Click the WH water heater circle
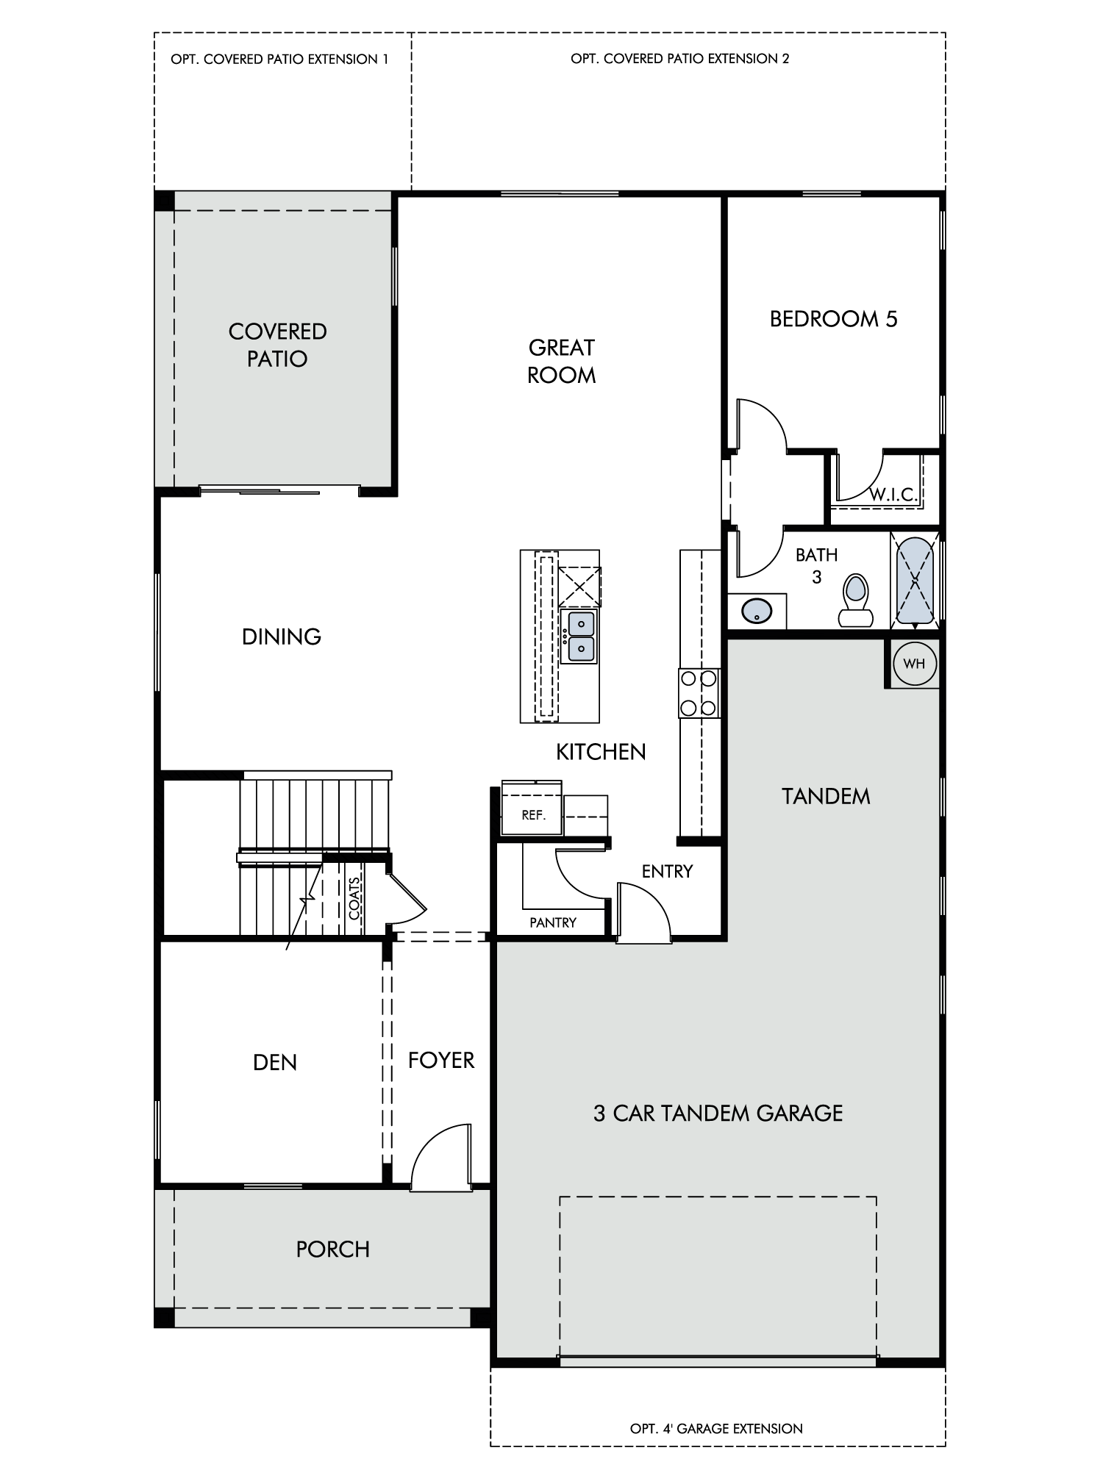pos(914,664)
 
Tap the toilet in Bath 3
pos(855,599)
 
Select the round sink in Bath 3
pos(755,612)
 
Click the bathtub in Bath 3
pos(915,581)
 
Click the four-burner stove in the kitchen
pos(699,693)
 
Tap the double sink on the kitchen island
pos(580,636)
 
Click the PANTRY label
pos(553,922)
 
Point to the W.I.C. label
pos(893,495)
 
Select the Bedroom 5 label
pos(833,319)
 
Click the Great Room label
pos(561,361)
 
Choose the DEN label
pos(274,1063)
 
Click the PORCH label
pos(332,1249)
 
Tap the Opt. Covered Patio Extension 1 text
pos(279,60)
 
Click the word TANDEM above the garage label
pos(825,797)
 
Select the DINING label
pos(282,637)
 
